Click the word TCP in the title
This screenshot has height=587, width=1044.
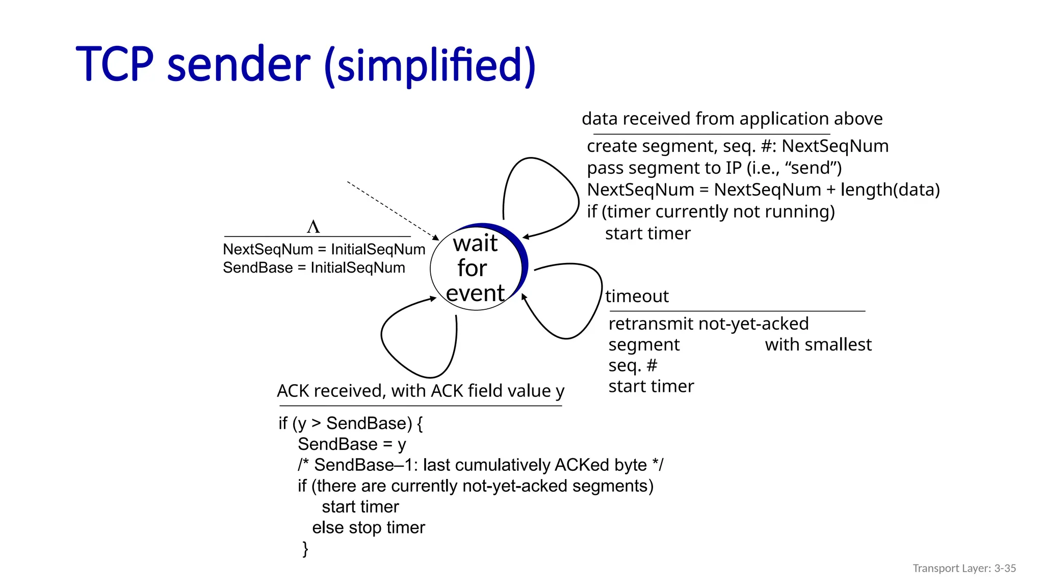[x=114, y=65]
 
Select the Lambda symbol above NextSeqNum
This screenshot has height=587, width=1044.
[x=314, y=226]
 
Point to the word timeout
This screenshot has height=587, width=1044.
[x=637, y=296]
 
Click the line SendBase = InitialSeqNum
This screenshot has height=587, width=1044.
[x=314, y=268]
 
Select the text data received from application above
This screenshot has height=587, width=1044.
[x=732, y=119]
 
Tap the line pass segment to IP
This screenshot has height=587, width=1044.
[x=714, y=168]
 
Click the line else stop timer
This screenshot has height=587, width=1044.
[x=369, y=527]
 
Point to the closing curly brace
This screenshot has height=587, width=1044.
[x=305, y=549]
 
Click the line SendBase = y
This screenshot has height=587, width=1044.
[x=352, y=444]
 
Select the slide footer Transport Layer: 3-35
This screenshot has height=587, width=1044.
[x=964, y=568]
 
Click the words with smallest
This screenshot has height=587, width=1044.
[x=818, y=344]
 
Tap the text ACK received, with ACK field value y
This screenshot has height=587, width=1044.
[x=421, y=391]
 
